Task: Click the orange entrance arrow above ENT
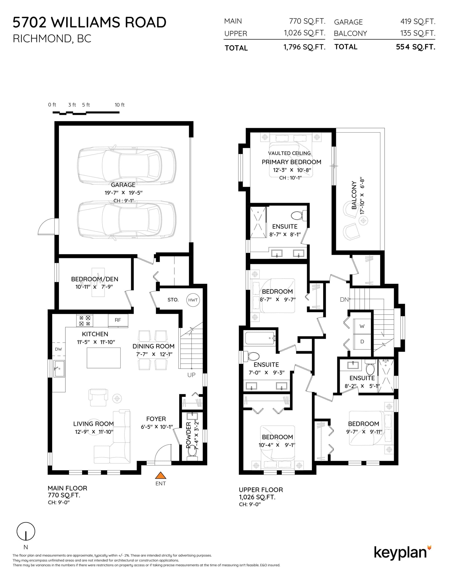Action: (x=161, y=475)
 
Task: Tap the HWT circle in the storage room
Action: (x=193, y=300)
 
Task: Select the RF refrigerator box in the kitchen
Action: (x=118, y=320)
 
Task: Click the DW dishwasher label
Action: (x=58, y=349)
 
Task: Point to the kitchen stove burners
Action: (x=85, y=321)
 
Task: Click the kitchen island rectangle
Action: (x=103, y=358)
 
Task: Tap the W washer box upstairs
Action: (x=362, y=326)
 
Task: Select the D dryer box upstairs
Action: (x=362, y=342)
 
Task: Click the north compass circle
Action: (x=26, y=531)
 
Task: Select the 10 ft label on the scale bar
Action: (x=120, y=105)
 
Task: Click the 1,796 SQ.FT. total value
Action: (x=304, y=47)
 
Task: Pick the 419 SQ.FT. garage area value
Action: (x=418, y=21)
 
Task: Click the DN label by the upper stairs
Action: (x=344, y=300)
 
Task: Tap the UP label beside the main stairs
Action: (x=191, y=375)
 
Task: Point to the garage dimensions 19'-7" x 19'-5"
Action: (x=123, y=193)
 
